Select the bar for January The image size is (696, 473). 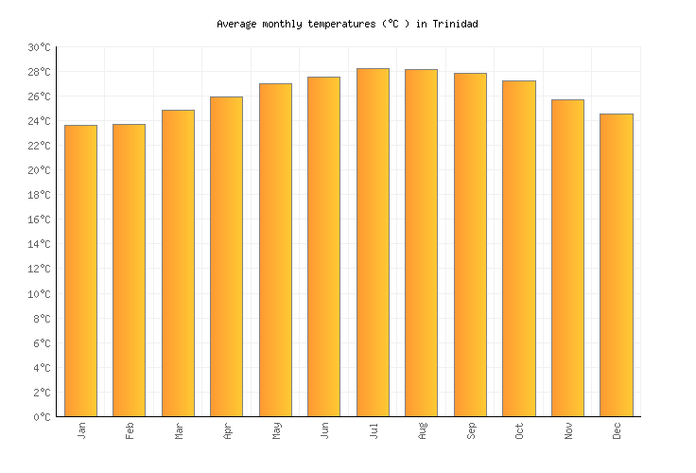click(x=80, y=271)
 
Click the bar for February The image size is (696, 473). click(x=129, y=270)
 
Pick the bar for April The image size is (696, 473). click(x=226, y=256)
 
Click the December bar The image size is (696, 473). click(x=616, y=265)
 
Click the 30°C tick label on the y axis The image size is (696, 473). click(x=39, y=47)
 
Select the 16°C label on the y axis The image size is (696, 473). click(x=39, y=219)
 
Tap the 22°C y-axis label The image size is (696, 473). click(x=39, y=146)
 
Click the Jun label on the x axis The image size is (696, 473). click(x=324, y=430)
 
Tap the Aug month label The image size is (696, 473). click(x=422, y=430)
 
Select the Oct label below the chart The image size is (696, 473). click(x=519, y=430)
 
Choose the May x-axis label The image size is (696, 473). click(x=275, y=430)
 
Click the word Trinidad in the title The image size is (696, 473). click(x=455, y=24)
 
